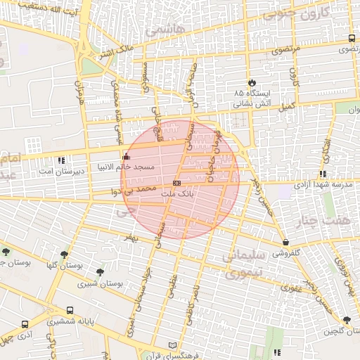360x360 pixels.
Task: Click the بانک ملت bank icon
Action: click(176, 182)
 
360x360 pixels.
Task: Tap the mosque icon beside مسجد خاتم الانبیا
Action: click(126, 156)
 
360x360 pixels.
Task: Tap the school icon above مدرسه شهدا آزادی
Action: click(322, 174)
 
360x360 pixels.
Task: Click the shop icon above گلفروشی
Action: click(285, 242)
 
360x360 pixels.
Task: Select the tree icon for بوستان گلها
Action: click(64, 255)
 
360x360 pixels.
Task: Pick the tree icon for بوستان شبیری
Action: click(100, 272)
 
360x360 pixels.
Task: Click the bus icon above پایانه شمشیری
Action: click(70, 310)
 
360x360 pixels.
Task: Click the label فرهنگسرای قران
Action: click(185, 355)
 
